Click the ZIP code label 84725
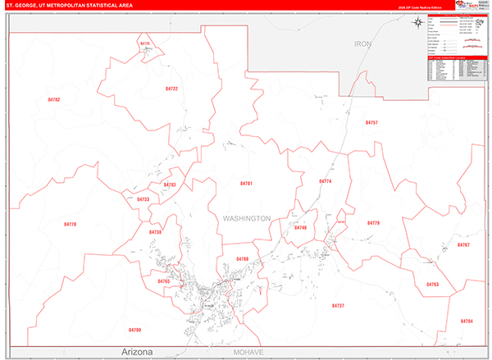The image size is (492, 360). (145, 43)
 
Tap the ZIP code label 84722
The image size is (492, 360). (171, 88)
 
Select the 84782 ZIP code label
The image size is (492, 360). (54, 99)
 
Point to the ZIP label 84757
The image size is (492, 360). (371, 122)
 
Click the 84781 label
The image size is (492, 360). (246, 183)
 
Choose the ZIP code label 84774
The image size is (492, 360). (325, 181)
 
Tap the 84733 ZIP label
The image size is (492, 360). (143, 199)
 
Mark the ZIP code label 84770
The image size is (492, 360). (70, 223)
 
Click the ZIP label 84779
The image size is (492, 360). (374, 223)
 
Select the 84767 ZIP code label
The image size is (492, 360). (464, 245)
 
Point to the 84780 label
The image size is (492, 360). (242, 259)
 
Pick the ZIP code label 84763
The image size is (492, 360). (432, 285)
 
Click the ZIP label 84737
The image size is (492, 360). (338, 305)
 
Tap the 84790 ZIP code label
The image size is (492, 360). (135, 330)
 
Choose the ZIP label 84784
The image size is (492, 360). (467, 321)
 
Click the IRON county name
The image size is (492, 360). (362, 43)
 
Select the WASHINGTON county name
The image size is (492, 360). (246, 218)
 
